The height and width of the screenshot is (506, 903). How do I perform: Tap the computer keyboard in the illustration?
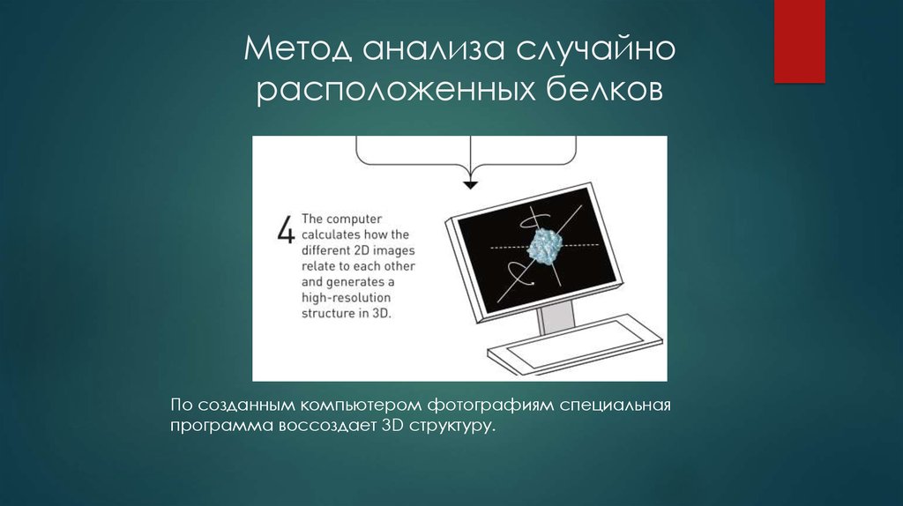coord(573,345)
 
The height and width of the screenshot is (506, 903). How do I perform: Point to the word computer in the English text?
coord(354,219)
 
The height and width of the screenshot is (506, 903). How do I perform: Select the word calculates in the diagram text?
coord(332,234)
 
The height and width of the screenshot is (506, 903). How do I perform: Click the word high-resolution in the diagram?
coord(346,298)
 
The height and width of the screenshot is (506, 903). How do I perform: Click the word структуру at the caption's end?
coord(451,426)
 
